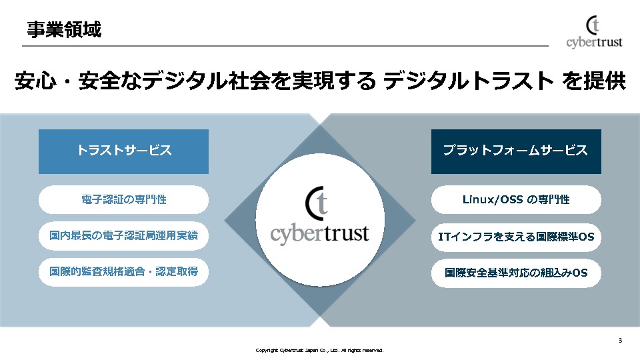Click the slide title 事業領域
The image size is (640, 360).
pos(65,29)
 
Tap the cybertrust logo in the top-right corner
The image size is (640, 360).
pos(594,33)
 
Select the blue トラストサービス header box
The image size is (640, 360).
pos(123,151)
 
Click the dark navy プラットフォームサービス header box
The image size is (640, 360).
pos(516,151)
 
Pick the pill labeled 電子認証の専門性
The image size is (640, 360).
pos(123,199)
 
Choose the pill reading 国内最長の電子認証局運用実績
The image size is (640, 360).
pos(123,235)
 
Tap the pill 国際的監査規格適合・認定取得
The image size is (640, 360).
pos(123,272)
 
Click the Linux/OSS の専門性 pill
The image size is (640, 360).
pos(516,199)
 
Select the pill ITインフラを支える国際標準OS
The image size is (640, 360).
pos(516,237)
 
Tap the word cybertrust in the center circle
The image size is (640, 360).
pos(319,234)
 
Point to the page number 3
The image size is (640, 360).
pos(620,341)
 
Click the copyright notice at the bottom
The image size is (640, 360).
pos(320,350)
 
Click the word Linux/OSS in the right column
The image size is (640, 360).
pos(493,199)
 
